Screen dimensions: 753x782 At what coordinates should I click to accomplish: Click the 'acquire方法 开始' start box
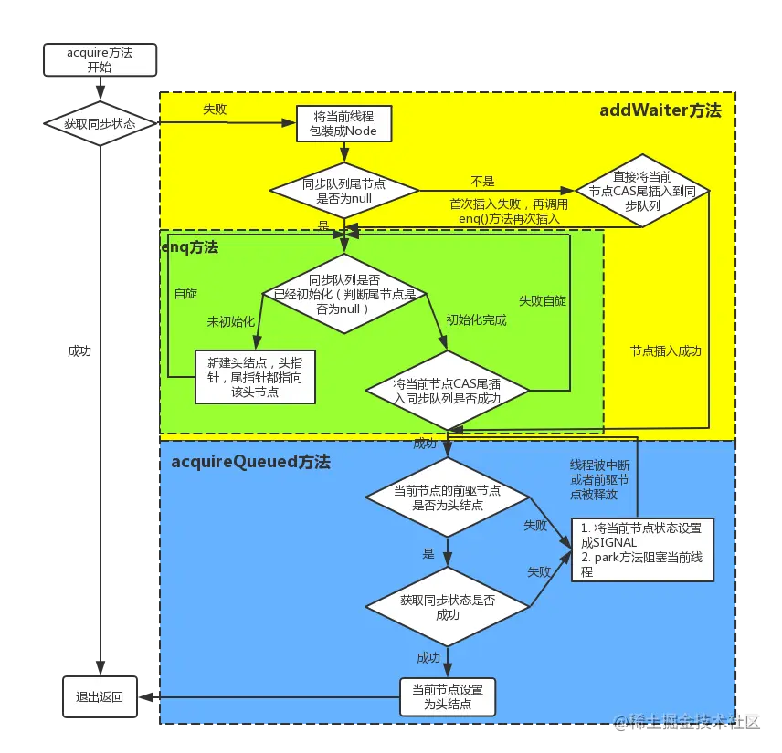[100, 60]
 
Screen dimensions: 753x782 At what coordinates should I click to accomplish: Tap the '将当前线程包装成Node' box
[343, 124]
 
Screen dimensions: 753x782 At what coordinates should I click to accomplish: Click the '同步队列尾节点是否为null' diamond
[343, 191]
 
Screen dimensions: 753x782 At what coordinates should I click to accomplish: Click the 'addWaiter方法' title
[660, 110]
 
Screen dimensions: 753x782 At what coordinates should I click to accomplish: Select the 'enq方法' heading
[190, 247]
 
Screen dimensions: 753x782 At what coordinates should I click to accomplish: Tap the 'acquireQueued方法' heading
[250, 462]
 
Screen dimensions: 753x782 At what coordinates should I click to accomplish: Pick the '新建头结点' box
[256, 376]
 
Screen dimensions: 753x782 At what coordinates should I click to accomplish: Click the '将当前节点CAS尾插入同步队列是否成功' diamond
[448, 391]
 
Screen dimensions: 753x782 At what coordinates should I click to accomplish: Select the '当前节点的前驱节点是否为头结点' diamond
[448, 497]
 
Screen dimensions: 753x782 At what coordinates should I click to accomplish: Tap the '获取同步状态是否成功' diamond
[448, 607]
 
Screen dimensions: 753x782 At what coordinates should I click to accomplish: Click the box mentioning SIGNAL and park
[642, 549]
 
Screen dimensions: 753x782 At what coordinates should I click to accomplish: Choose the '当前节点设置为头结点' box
[448, 696]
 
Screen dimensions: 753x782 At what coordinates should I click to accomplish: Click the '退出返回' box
[100, 696]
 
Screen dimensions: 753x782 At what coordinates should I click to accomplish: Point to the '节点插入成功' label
[665, 350]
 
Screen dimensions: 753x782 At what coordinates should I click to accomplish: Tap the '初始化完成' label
[476, 320]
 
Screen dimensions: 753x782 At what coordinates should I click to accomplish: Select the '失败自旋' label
[543, 300]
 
